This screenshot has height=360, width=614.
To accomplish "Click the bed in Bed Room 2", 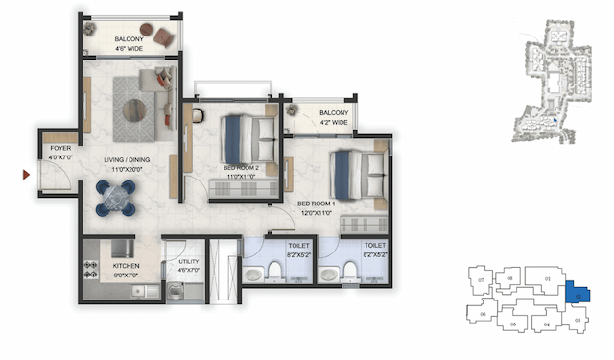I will click(x=247, y=139).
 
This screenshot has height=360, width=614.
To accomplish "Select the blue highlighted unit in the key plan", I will click(x=578, y=296).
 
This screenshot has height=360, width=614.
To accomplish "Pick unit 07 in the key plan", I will click(x=479, y=280).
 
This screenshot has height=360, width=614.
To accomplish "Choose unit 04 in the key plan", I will click(x=546, y=324).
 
